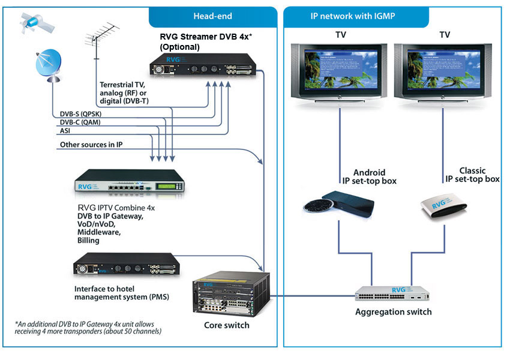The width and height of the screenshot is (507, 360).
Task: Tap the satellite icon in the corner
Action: pos(29,22)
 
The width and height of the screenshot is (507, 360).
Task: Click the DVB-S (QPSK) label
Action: pos(79,113)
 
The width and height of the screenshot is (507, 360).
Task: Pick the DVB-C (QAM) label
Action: pos(79,122)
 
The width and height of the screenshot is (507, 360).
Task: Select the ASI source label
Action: pos(64,130)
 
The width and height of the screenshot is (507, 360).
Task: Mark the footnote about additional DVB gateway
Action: pos(89,327)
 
